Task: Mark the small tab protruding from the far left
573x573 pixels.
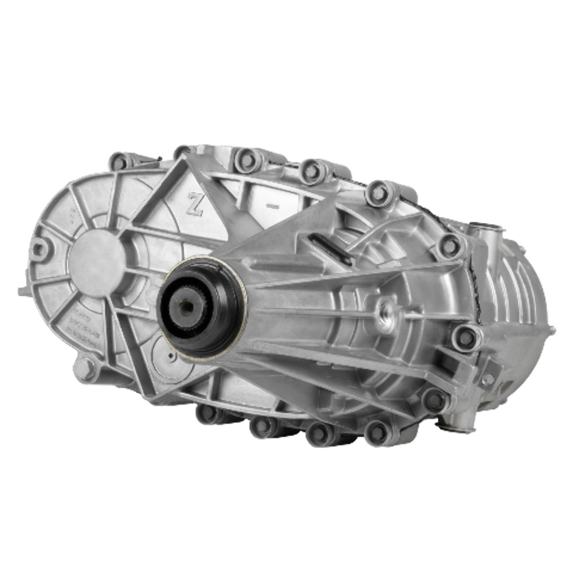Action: point(23,291)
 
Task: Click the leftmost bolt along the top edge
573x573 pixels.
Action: point(119,162)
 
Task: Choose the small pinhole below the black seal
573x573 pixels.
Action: point(172,356)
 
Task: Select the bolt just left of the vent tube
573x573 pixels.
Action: point(450,245)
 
